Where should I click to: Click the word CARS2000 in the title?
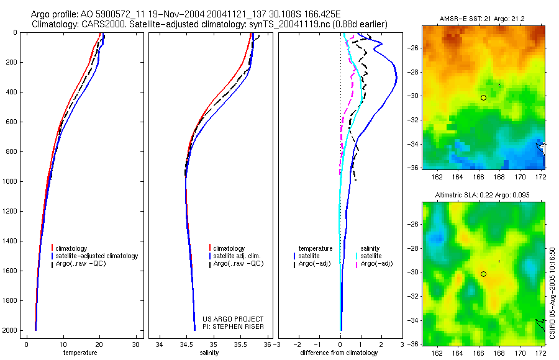[x=99, y=24]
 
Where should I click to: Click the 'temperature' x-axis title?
[x=80, y=353]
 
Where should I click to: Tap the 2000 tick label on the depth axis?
[x=9, y=330]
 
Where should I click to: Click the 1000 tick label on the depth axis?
[x=9, y=181]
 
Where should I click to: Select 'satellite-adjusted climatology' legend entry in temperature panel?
[x=97, y=256]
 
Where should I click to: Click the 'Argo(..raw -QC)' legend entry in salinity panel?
[x=239, y=264]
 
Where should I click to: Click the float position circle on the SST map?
[x=483, y=97]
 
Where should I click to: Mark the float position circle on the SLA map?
[x=483, y=274]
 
